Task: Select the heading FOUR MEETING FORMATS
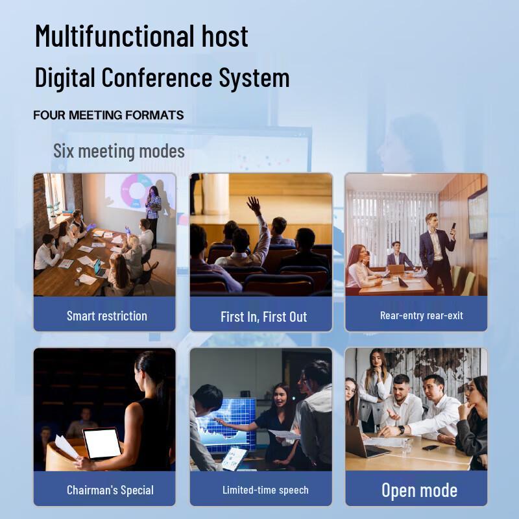click(108, 115)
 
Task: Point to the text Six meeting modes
click(119, 152)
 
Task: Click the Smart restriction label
click(107, 316)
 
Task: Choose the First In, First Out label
click(263, 317)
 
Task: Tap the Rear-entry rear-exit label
click(422, 316)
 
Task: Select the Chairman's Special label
click(110, 490)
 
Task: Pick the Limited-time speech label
click(265, 490)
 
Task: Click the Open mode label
click(419, 490)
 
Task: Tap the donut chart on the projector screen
click(136, 188)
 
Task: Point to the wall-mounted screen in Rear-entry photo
click(477, 212)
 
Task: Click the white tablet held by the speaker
click(103, 444)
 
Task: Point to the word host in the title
click(224, 36)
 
